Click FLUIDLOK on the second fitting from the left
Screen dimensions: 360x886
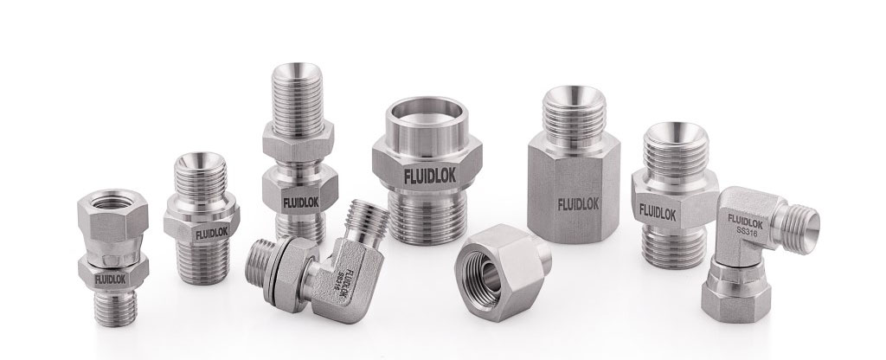207,234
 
